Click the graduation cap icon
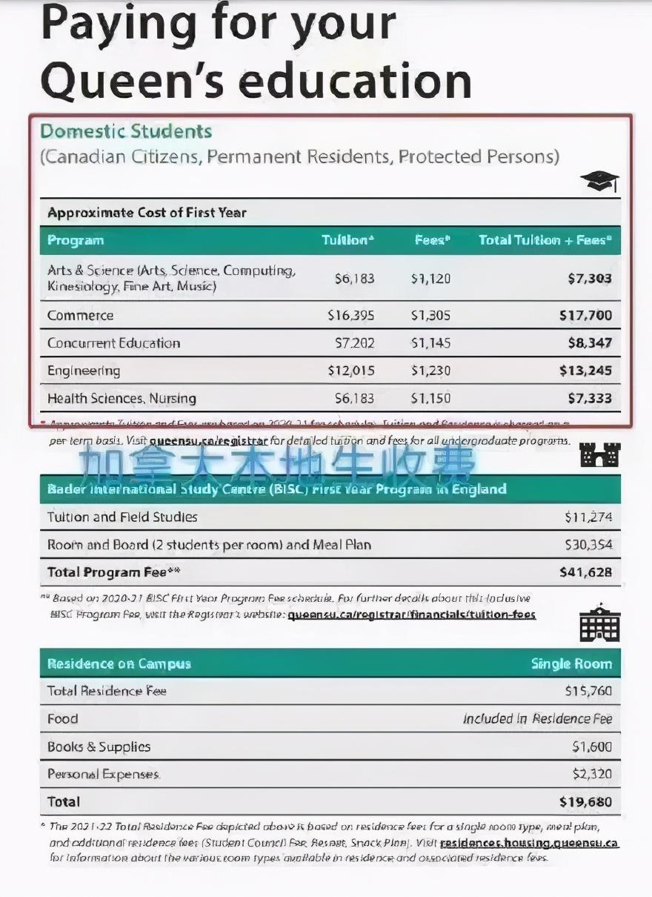599,181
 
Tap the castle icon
599,454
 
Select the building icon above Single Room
599,623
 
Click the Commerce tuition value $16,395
351,315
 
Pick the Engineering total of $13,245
585,371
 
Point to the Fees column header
432,240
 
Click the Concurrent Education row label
113,343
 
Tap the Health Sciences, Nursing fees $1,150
430,398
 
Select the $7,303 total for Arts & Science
590,279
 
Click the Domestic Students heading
126,131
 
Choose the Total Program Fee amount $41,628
585,572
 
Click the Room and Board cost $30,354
588,545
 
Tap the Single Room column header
571,663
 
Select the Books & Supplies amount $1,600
591,747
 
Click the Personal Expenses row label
103,774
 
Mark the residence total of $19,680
585,801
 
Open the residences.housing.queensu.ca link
529,843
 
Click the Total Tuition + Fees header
545,240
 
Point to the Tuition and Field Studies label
122,517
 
